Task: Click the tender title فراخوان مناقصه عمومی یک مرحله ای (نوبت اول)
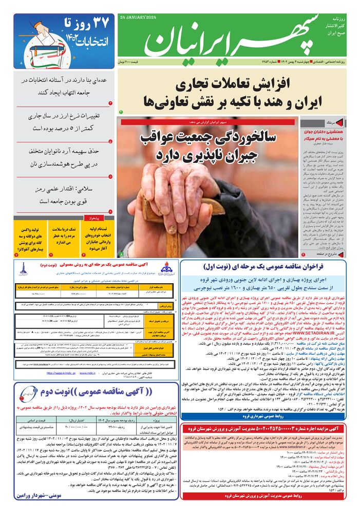click(x=270, y=267)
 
